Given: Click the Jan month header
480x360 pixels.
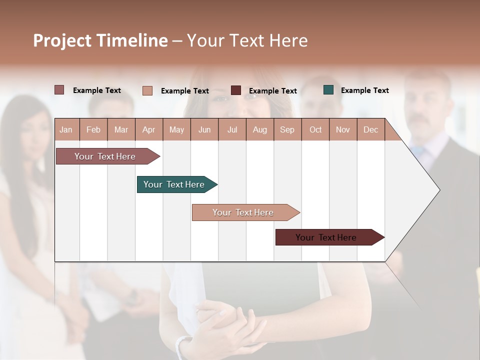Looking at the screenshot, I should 66,129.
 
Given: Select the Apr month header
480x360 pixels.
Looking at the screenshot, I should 148,129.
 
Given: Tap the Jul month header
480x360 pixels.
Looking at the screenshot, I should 232,129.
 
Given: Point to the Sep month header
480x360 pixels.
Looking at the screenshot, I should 287,129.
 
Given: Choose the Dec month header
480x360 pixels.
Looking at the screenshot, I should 370,129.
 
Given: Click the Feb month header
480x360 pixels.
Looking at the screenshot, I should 93,129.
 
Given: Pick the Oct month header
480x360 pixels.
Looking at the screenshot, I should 315,129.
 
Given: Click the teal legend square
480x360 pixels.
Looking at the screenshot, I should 328,90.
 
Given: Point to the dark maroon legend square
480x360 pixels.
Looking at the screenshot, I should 236,90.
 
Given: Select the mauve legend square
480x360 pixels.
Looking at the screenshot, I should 59,90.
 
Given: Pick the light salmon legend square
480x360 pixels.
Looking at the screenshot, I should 147,90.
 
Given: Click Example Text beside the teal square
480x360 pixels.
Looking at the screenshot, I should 364,90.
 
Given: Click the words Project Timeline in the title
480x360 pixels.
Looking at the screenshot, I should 100,40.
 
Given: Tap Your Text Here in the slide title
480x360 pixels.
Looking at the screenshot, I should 247,40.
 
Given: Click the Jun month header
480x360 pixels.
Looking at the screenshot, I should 204,129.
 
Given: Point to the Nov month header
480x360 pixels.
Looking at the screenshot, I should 343,129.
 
